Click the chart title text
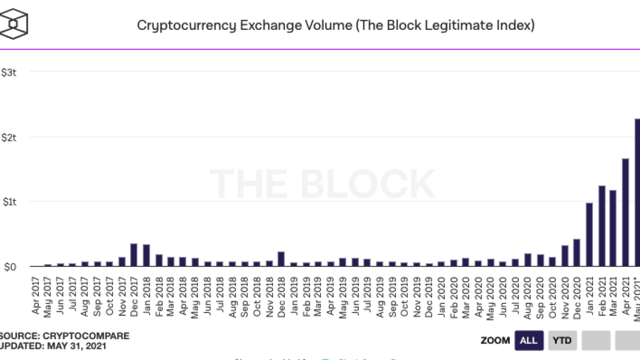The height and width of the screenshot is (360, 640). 335,25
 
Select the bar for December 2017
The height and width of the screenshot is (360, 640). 134,254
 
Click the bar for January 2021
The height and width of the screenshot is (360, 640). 589,234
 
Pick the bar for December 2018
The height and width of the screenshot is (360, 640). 281,259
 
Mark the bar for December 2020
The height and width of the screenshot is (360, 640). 577,252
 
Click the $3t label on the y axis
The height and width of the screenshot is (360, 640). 10,72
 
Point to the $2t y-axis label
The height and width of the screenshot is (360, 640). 10,137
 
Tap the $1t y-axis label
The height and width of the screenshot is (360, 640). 10,202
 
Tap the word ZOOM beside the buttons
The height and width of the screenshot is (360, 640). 495,340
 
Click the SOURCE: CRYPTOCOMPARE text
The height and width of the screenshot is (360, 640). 65,336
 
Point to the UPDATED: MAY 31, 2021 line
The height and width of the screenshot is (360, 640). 53,346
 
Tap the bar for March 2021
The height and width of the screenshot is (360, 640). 613,228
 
